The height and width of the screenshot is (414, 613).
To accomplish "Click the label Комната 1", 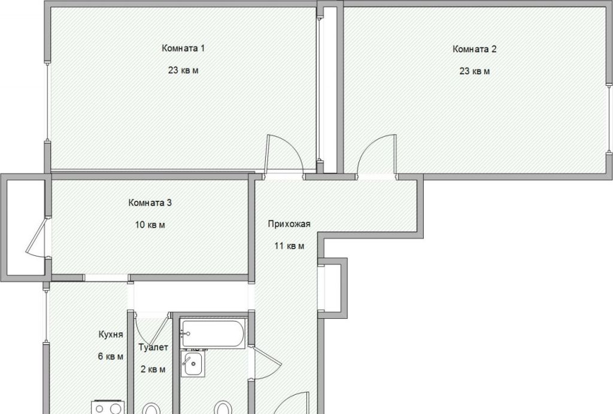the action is click(x=183, y=49).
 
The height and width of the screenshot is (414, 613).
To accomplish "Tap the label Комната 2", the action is click(x=475, y=49).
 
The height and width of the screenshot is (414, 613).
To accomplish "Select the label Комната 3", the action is click(x=150, y=203).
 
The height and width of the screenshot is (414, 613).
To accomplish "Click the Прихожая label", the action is click(x=289, y=224).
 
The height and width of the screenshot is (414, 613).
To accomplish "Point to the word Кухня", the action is click(x=111, y=334).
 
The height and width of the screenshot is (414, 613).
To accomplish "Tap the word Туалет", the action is click(x=154, y=347).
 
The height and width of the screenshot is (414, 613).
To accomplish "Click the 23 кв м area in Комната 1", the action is click(x=183, y=71).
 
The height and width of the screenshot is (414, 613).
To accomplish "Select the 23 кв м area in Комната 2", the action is click(x=475, y=71).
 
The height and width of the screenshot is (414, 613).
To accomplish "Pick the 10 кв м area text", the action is click(x=150, y=225).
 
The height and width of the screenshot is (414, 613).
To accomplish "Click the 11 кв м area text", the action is click(x=289, y=246).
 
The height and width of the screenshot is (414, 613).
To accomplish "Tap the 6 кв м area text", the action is click(x=111, y=357).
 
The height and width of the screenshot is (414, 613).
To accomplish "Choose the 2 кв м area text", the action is click(x=153, y=370).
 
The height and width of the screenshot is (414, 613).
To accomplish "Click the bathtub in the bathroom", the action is click(x=213, y=334).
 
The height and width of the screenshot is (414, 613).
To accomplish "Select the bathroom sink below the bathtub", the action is click(x=193, y=364).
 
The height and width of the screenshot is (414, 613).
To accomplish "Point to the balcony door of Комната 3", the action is click(x=36, y=238).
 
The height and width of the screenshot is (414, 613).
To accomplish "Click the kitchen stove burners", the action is click(x=108, y=407).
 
